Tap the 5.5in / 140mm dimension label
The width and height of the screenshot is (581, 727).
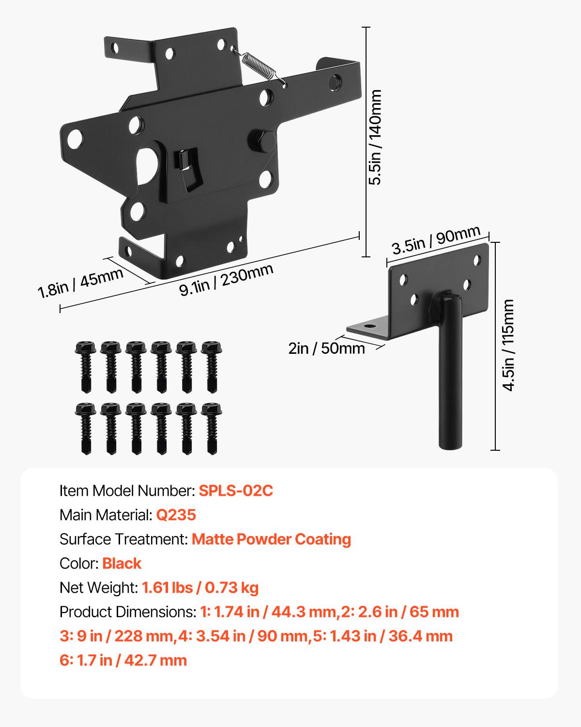point(375,137)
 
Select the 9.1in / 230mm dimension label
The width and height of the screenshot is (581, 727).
point(226,280)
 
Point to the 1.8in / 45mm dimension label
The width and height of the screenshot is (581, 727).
point(80,283)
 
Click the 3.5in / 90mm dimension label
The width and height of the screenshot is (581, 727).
point(436,239)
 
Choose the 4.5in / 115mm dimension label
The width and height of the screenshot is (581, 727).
point(508,345)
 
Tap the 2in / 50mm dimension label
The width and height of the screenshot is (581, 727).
point(326,348)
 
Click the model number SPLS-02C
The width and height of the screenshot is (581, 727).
point(236,490)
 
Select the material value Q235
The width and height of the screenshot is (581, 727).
point(176,515)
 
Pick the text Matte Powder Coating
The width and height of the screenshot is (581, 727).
point(272,539)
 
